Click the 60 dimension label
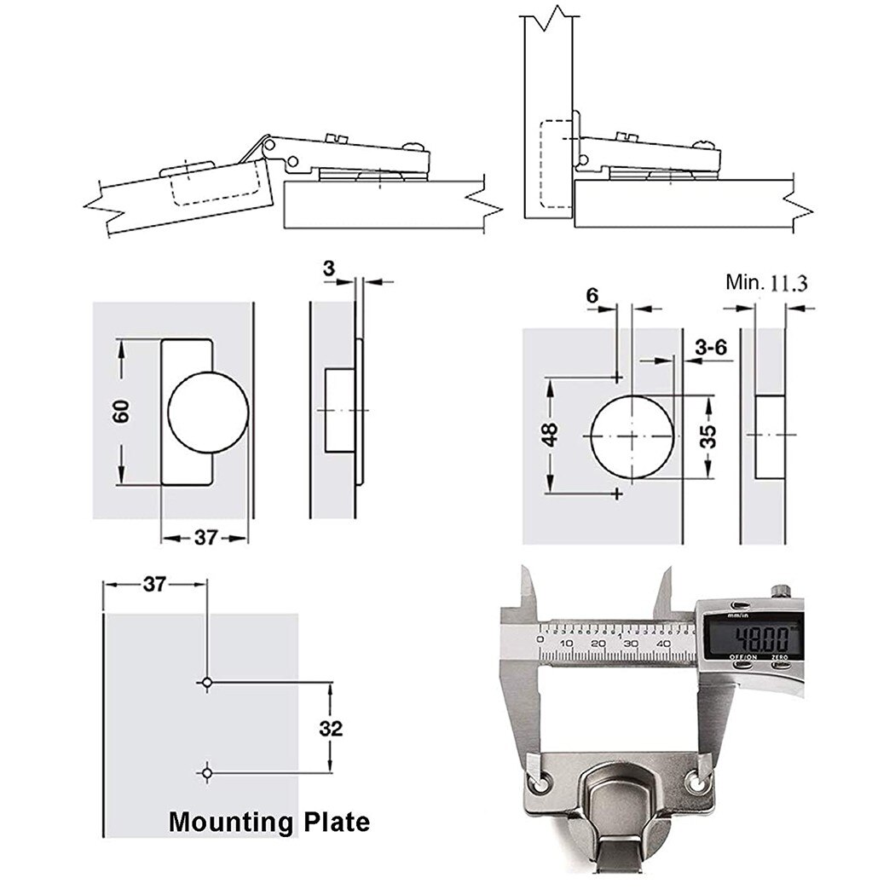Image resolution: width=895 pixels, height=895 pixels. (x=121, y=412)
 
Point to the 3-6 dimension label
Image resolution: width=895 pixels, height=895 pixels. (x=709, y=348)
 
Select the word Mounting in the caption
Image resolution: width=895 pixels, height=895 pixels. (x=229, y=823)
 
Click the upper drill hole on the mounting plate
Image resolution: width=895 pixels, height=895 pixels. (x=206, y=682)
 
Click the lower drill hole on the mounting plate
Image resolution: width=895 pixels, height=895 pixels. (x=206, y=772)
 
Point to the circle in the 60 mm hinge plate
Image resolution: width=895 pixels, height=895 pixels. (x=209, y=412)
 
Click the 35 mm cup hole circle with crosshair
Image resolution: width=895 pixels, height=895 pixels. (x=632, y=436)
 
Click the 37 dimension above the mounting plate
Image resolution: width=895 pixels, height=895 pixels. (x=154, y=584)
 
